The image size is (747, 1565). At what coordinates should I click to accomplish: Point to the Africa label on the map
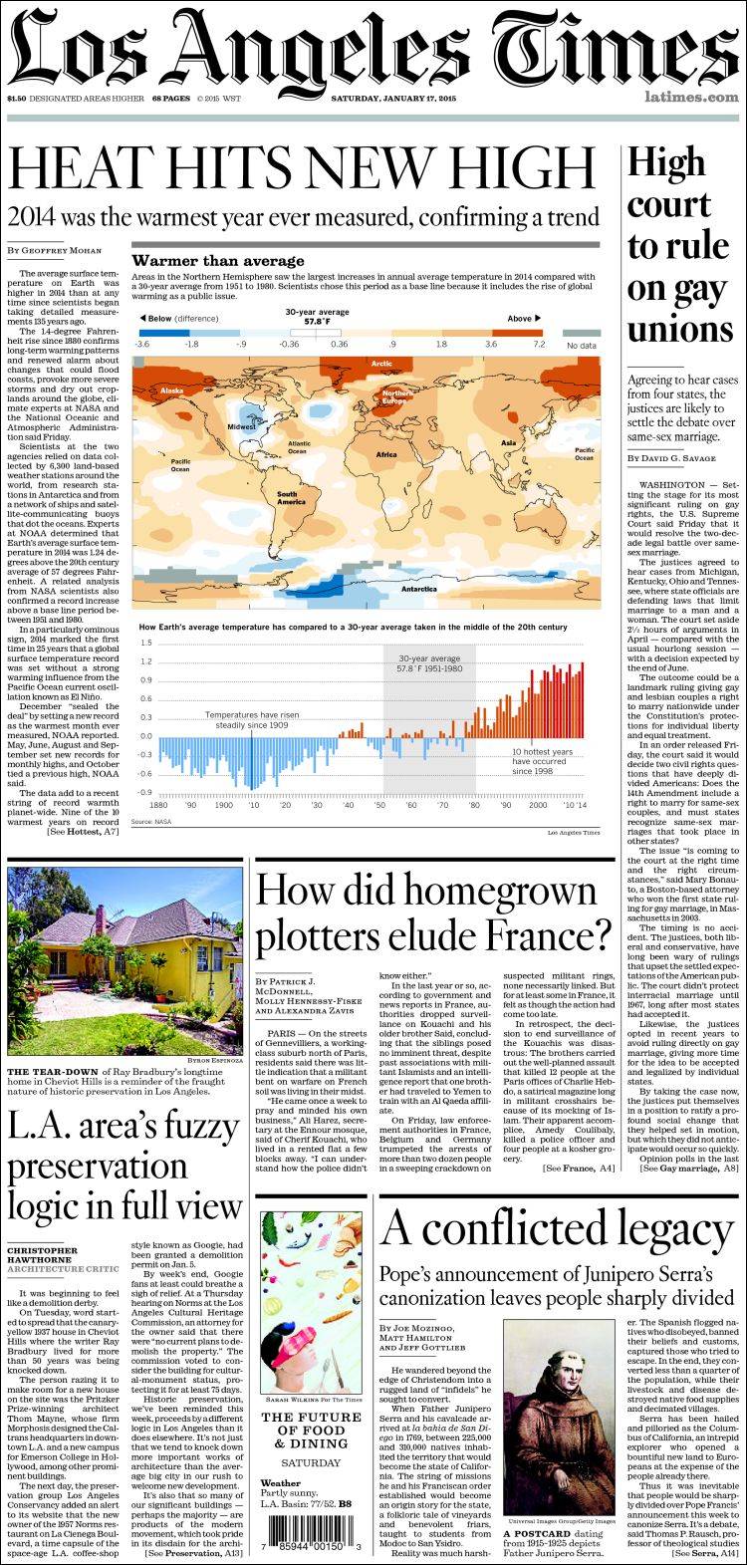point(386,454)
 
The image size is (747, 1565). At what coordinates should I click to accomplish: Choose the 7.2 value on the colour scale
point(539,343)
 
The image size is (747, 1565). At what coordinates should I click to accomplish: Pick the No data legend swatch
point(581,333)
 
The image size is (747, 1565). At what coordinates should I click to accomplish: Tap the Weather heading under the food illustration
point(280,1482)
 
